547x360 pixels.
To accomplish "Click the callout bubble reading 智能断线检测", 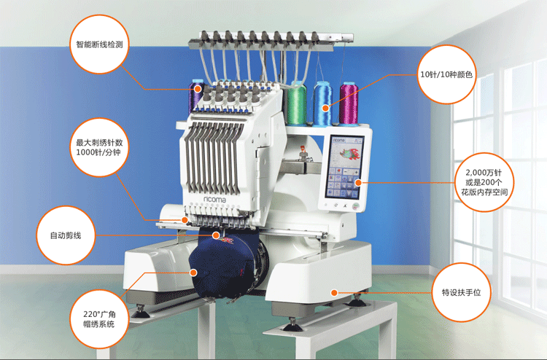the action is [99, 44].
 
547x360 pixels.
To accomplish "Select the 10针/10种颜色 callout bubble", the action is [446, 74].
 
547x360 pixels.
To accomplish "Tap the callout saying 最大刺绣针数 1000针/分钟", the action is [99, 147].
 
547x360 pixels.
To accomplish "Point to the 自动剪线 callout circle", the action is [66, 235].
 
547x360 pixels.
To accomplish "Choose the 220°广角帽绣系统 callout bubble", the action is [99, 319].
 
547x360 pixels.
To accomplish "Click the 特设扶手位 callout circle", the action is [461, 292].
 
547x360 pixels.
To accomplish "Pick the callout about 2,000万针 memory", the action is [484, 182].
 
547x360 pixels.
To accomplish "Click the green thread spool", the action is [297, 103].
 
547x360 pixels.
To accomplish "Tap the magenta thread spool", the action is [349, 103].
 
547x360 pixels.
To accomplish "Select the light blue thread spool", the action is [323, 103].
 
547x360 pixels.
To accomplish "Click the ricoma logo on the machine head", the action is [215, 200].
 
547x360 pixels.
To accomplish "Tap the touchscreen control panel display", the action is [344, 168].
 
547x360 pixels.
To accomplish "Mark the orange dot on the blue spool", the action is [325, 108].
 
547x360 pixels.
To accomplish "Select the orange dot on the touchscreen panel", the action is [358, 182].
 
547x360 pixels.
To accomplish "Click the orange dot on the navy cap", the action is [193, 273].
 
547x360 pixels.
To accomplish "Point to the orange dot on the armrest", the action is [334, 293].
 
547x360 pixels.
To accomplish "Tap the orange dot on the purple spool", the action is [198, 89].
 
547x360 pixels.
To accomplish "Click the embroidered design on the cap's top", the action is [226, 240].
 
